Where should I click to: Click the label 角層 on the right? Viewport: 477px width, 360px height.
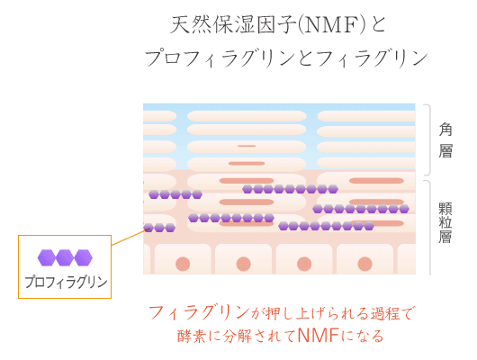click(445, 140)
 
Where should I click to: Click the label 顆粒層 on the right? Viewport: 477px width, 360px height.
click(445, 223)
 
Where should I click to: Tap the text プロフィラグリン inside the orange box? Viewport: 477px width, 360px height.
click(66, 282)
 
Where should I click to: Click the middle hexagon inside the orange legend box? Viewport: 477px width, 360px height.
click(65, 257)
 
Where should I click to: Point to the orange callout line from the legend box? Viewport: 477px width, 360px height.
click(130, 237)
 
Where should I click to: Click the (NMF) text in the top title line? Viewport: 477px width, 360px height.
click(333, 25)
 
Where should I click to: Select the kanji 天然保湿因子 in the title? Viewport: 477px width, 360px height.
click(234, 25)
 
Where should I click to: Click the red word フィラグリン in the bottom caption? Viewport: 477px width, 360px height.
click(199, 312)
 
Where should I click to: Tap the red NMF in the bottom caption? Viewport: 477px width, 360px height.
click(319, 336)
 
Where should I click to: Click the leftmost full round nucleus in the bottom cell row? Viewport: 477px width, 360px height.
click(183, 264)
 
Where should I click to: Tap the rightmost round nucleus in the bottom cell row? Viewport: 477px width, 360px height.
click(364, 264)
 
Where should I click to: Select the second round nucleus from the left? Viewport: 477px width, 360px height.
click(243, 264)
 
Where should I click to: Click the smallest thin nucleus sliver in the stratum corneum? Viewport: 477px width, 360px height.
click(247, 146)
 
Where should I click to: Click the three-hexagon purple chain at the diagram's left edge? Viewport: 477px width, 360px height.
click(159, 228)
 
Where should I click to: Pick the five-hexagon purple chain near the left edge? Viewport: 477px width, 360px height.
click(175, 194)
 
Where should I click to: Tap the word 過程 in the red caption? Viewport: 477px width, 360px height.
click(385, 313)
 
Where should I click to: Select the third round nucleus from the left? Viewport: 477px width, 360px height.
click(304, 264)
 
